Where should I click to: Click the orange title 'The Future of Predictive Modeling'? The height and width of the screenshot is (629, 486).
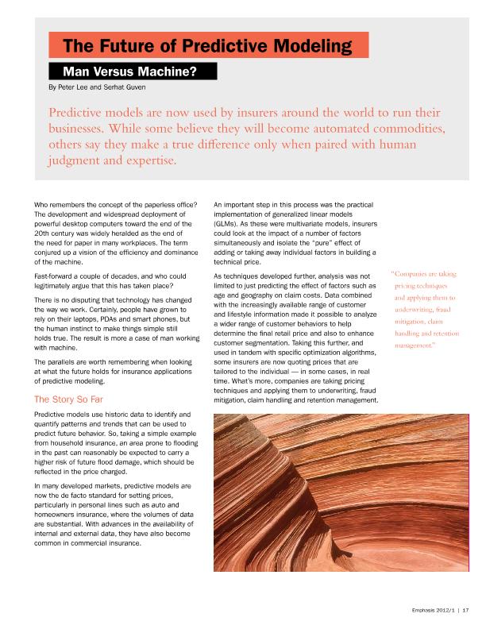(x=207, y=46)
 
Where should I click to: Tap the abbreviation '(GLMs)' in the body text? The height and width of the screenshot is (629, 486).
(x=228, y=226)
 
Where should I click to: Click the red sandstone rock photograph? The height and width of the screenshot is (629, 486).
(x=341, y=492)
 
